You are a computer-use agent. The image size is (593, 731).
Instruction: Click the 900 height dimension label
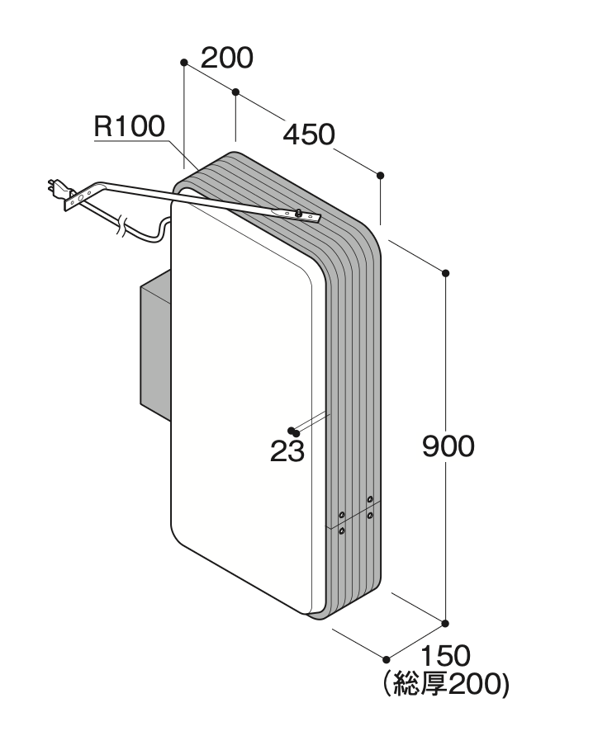point(448,446)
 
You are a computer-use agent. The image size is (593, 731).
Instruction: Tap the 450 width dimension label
point(309,134)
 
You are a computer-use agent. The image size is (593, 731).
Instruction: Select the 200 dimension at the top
point(227,58)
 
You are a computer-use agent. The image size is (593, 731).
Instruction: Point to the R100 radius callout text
point(130,126)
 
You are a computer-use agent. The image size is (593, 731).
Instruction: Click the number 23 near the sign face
point(287,451)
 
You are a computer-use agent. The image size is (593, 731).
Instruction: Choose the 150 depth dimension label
point(445,656)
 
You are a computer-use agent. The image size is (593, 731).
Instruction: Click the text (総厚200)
point(445,684)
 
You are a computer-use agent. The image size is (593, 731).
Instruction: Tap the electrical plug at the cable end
point(57,188)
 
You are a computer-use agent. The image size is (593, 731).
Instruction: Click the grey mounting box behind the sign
point(155,345)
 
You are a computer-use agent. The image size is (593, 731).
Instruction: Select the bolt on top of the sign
point(297,213)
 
